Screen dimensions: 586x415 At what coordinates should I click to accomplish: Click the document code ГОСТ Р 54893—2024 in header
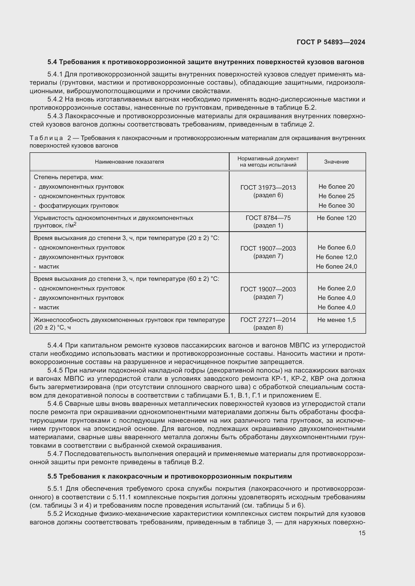tap(331, 42)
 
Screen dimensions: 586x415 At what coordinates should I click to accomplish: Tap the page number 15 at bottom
tap(362, 533)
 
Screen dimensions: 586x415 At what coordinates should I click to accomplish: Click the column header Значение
tap(336, 162)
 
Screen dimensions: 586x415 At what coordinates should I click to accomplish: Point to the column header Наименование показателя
tap(129, 162)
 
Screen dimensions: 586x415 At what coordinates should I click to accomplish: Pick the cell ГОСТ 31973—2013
tap(268, 188)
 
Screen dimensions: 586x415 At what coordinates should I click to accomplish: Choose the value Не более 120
tap(336, 218)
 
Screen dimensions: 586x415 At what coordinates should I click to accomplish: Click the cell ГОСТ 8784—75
tap(268, 218)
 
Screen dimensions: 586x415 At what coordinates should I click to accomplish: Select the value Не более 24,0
tap(336, 267)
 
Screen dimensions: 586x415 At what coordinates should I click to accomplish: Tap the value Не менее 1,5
tap(336, 320)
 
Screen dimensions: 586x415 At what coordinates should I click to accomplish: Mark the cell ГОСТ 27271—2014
tap(268, 320)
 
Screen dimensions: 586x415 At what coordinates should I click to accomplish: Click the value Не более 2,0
tap(336, 288)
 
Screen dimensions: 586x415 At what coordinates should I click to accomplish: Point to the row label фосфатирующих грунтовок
tap(79, 206)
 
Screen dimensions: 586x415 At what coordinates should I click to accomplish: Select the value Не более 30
tap(336, 206)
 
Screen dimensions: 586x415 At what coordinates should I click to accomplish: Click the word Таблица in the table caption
tap(46, 138)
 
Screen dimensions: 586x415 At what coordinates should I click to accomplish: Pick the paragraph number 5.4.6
tap(55, 404)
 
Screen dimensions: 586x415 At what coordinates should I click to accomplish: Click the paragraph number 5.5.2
tap(55, 514)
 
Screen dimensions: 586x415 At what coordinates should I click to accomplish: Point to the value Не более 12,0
tap(336, 257)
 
